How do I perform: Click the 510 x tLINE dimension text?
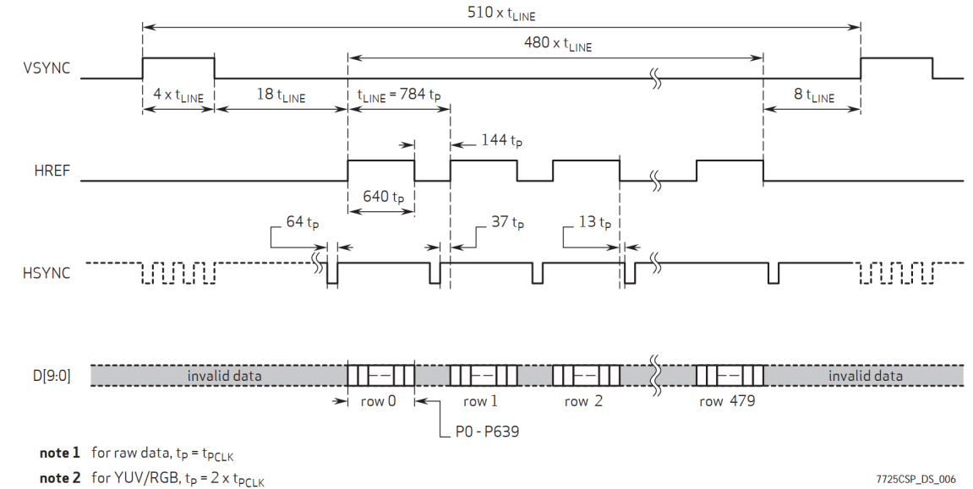(500, 14)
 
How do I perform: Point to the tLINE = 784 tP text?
(399, 95)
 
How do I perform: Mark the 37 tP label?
(507, 223)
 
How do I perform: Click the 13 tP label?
(593, 223)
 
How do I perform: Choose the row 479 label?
(727, 401)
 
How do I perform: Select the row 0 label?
(380, 401)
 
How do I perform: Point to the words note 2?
(60, 478)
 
